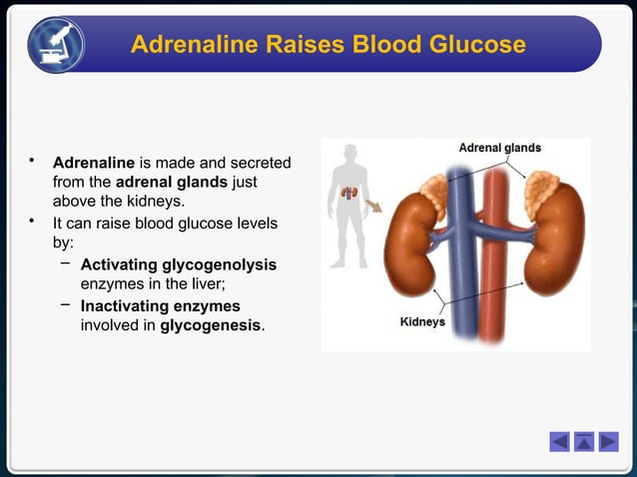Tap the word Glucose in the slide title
472,45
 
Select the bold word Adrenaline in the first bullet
93,162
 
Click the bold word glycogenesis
210,325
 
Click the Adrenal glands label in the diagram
499,148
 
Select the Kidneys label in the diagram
422,322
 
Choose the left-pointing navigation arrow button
560,441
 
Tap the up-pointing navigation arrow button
584,441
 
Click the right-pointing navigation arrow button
608,441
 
